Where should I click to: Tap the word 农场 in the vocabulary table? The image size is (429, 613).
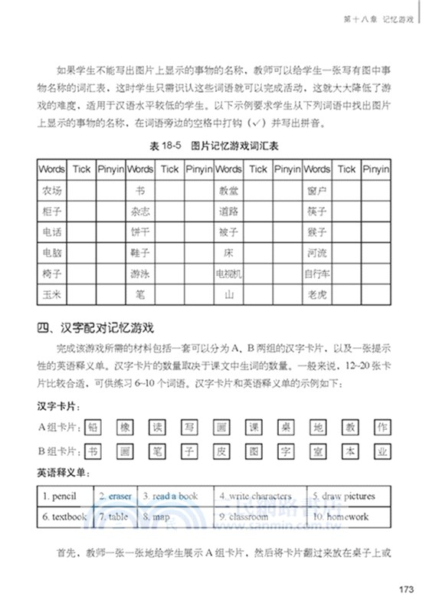[x=52, y=189]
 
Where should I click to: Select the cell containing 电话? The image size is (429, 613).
[x=52, y=231]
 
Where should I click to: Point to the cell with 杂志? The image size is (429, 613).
[x=140, y=210]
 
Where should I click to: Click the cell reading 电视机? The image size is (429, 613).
[x=228, y=272]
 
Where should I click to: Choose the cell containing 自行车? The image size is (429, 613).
[x=317, y=272]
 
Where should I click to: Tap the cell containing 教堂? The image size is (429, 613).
[x=228, y=189]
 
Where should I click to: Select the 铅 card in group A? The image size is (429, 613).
[x=93, y=428]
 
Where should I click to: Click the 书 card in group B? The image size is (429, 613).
[x=93, y=451]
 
